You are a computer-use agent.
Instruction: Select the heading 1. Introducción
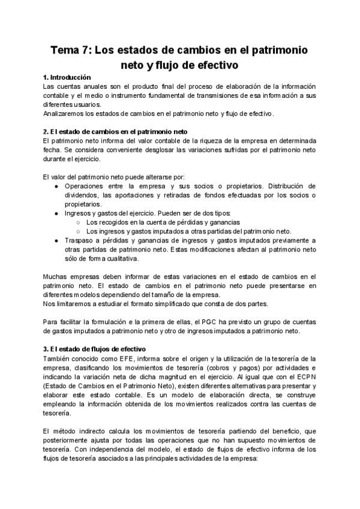(67, 77)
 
